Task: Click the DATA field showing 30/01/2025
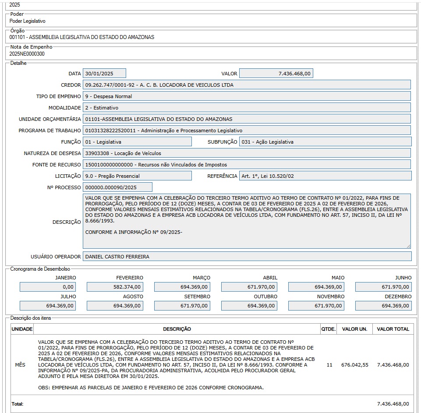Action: pos(104,74)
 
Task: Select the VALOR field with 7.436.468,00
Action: pos(276,74)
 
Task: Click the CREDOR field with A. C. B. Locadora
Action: pos(247,85)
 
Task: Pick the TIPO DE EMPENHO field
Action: pos(247,96)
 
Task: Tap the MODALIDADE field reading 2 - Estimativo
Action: pos(247,108)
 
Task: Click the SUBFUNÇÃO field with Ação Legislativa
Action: pos(325,142)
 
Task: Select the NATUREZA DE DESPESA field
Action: pos(247,153)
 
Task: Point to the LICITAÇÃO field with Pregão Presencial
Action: pos(137,176)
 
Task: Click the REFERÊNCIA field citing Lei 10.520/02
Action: pos(325,176)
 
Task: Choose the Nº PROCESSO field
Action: pos(117,187)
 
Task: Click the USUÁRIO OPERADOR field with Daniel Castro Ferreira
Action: pos(247,256)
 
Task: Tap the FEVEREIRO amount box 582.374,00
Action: pos(115,287)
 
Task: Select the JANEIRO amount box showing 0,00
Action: pos(48,287)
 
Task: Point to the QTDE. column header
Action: pos(328,329)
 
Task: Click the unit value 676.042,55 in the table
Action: pos(355,365)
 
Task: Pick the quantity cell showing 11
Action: pos(329,365)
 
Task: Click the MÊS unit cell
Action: pos(20,365)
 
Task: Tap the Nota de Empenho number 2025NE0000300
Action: pos(27,54)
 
